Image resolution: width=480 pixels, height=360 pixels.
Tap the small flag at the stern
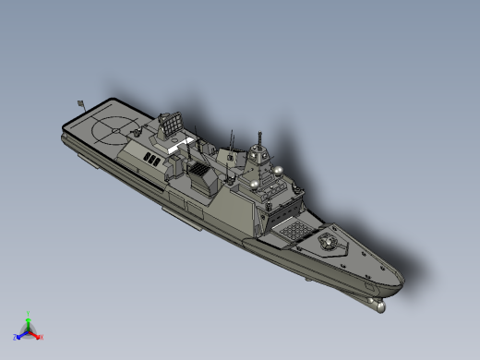(x=81, y=102)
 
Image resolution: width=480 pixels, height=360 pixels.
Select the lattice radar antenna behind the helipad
(x=170, y=123)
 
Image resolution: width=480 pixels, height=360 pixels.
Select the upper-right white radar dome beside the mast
(x=276, y=171)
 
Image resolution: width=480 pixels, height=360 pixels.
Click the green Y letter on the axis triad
(x=29, y=314)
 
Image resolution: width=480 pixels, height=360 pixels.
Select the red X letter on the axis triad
(x=42, y=336)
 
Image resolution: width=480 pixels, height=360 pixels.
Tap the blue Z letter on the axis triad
(x=16, y=337)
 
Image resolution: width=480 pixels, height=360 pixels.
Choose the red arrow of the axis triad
(x=35, y=333)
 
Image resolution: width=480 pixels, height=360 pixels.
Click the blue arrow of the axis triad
(x=22, y=333)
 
